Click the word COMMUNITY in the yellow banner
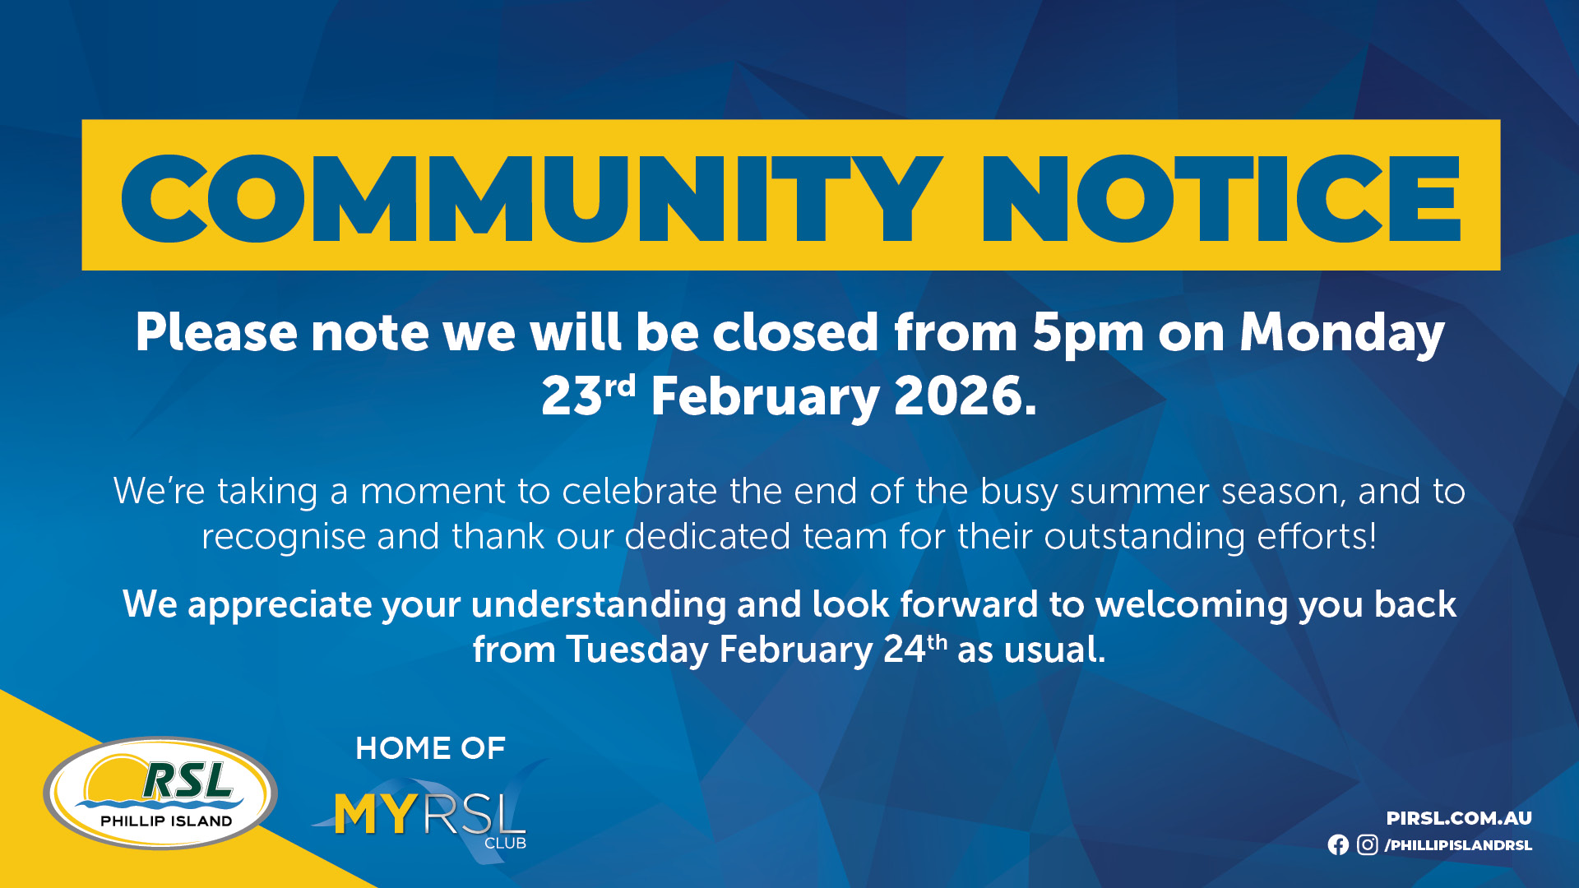[532, 198]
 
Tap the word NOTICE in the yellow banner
[1221, 198]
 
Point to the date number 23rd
[589, 395]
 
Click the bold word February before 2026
[765, 398]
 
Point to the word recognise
[284, 538]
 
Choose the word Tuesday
[637, 650]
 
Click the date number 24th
[915, 649]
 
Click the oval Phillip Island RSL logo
[160, 793]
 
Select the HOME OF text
[430, 748]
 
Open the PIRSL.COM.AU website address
[1459, 818]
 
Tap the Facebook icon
[1338, 844]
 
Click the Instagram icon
[1367, 844]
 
